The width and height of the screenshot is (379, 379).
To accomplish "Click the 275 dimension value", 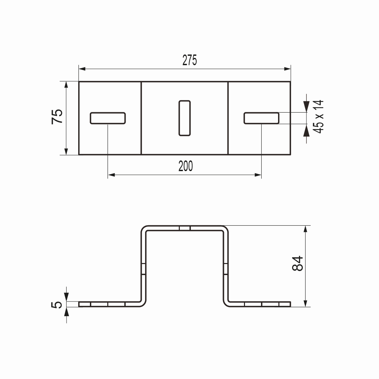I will [189, 60].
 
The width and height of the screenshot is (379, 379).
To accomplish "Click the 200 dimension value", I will [185, 166].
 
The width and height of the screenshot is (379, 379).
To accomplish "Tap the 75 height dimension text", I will [57, 117].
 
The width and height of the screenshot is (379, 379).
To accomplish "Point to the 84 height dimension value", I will [297, 263].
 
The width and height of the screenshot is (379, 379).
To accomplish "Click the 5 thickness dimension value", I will [57, 304].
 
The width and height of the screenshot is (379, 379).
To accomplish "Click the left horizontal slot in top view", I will [108, 118].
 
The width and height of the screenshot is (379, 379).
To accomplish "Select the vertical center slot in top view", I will [184, 118].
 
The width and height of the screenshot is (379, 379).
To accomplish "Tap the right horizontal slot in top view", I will [261, 118].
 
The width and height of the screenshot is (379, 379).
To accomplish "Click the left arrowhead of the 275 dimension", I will [82, 69].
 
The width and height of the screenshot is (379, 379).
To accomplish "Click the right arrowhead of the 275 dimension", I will [287, 69].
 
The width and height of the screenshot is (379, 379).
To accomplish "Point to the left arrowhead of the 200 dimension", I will [111, 175].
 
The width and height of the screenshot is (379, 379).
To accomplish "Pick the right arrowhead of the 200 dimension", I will [258, 175].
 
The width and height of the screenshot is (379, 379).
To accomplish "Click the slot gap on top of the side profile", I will [184, 228].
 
